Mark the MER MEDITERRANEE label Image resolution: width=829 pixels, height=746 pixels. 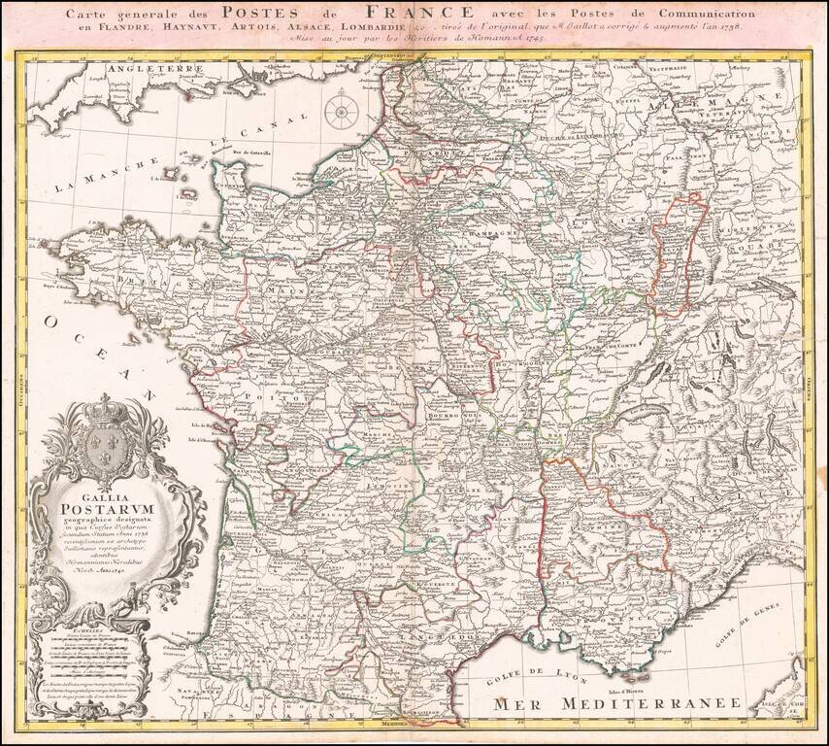(613, 702)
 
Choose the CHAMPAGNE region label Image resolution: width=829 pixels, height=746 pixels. (481, 234)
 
